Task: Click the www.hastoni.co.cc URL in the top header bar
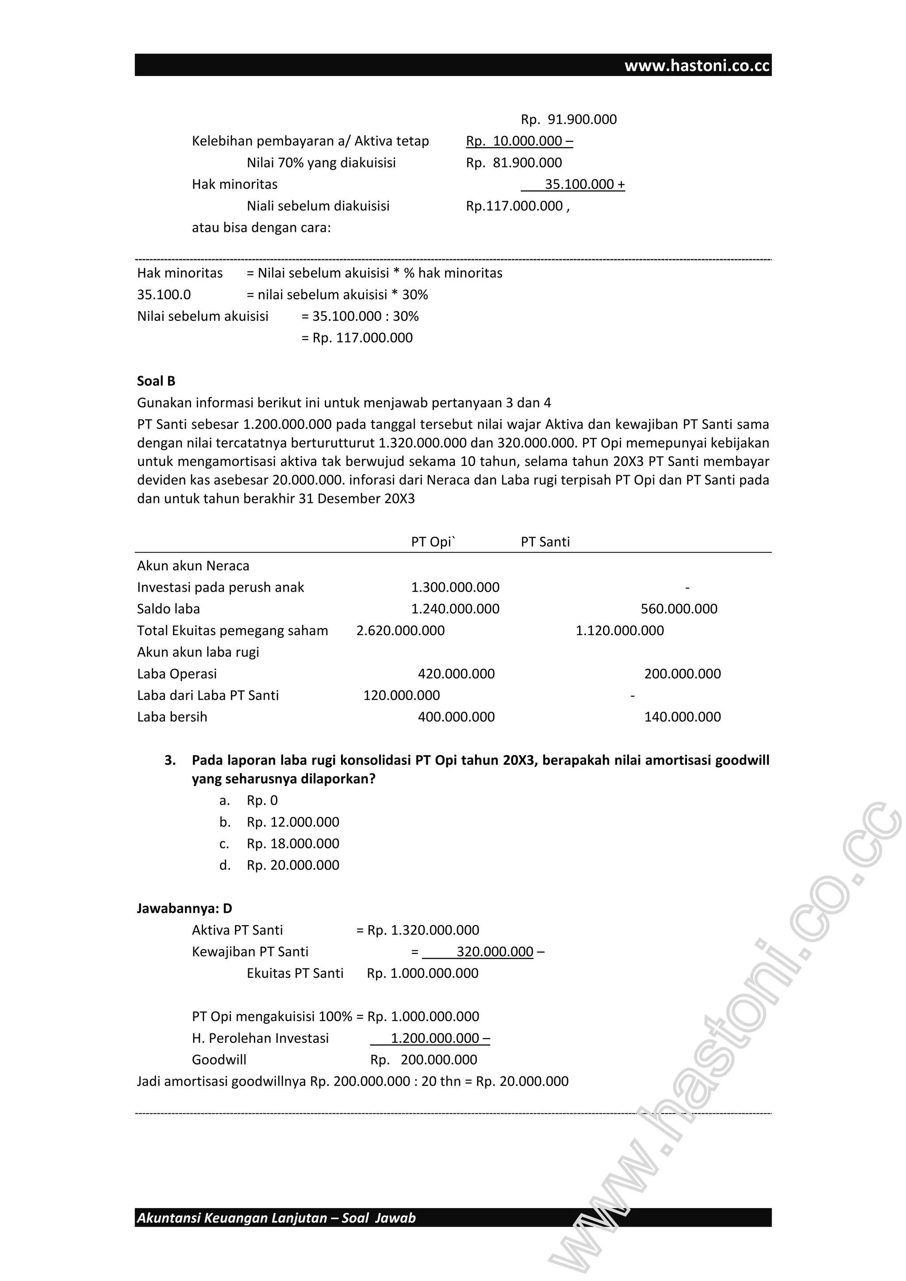(x=697, y=66)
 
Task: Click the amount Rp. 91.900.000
(x=568, y=119)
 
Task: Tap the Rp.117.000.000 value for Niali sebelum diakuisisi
(x=514, y=206)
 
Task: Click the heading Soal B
(x=156, y=381)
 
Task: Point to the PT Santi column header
(x=545, y=542)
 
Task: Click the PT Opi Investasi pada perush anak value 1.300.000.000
(x=455, y=587)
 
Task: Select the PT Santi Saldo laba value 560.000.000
(x=678, y=609)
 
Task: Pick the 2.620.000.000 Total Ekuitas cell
(x=400, y=630)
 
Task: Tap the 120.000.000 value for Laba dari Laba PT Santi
(x=401, y=695)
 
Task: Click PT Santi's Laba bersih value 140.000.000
(x=682, y=717)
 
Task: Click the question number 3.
(x=170, y=760)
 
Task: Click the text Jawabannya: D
(x=184, y=908)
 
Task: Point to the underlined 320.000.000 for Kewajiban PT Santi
(x=494, y=952)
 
